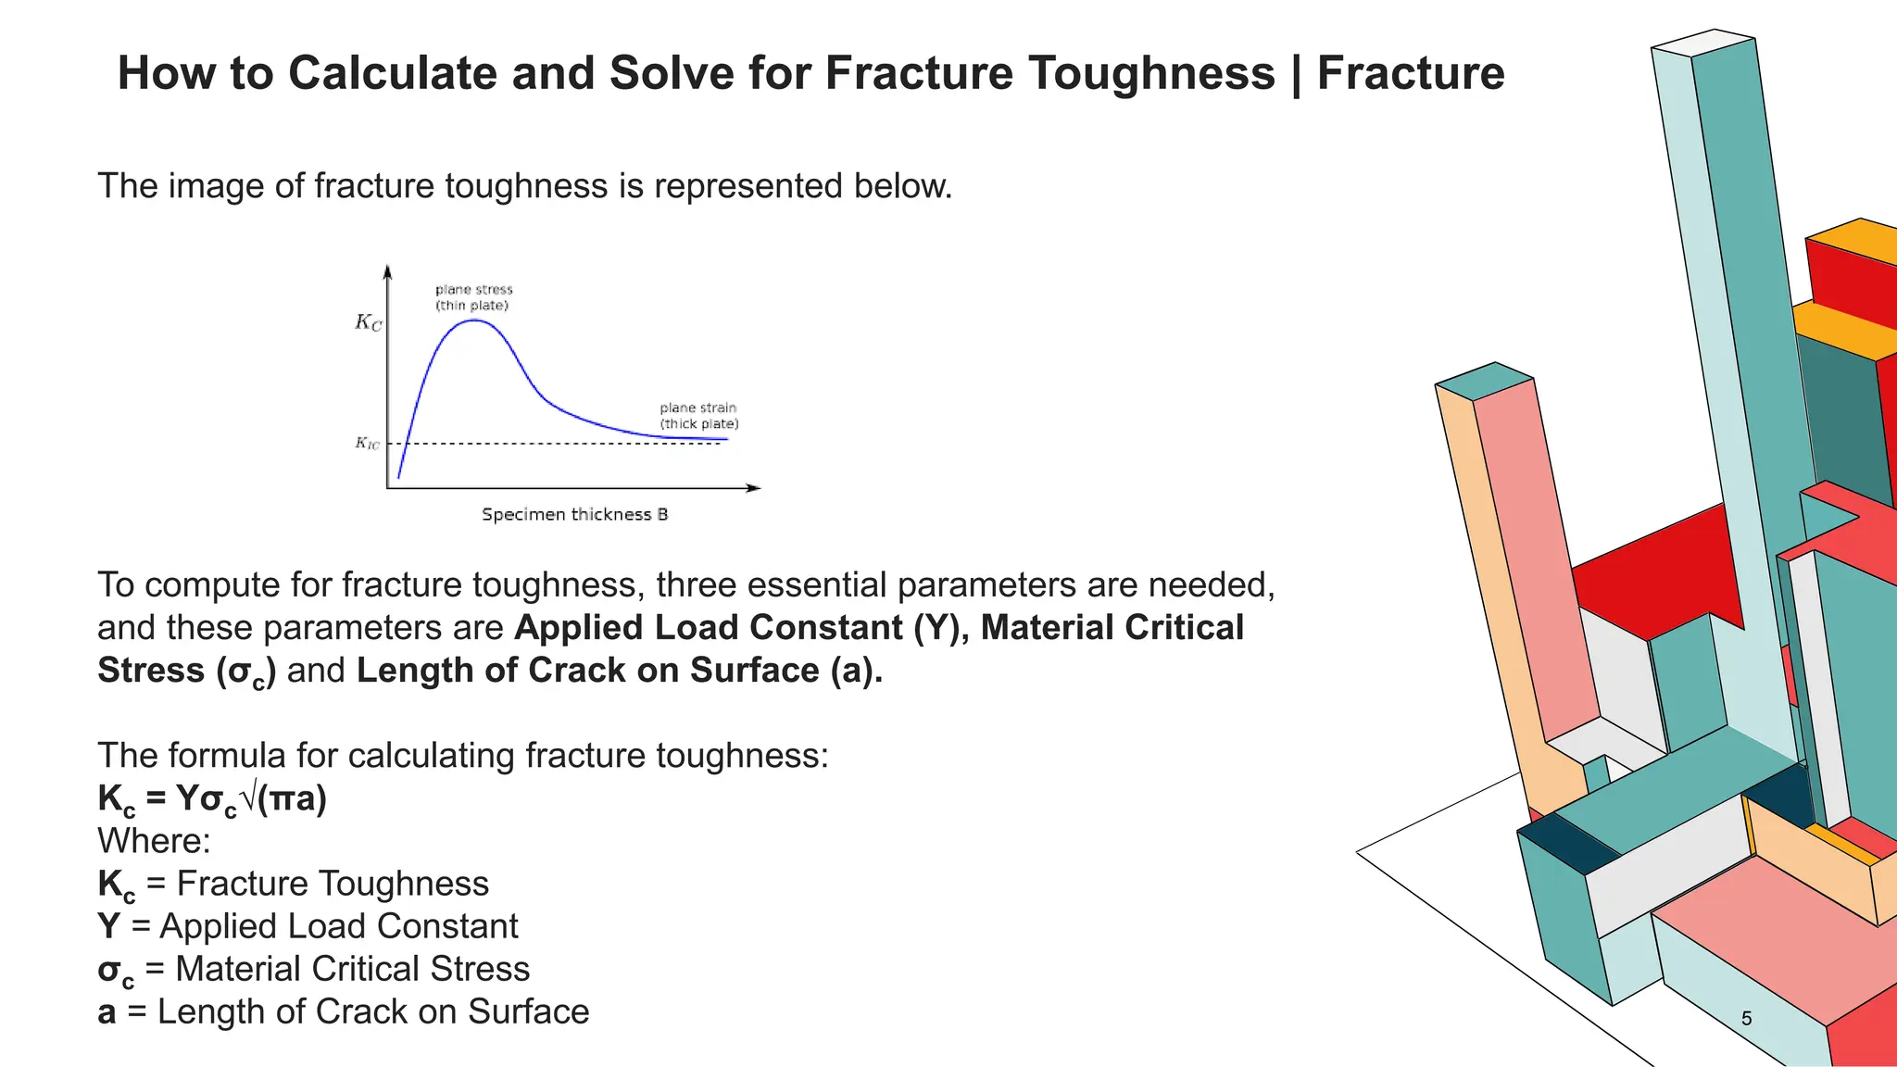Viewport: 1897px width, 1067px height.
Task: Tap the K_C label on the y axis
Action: (x=368, y=322)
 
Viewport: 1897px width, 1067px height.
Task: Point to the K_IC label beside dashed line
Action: (x=367, y=444)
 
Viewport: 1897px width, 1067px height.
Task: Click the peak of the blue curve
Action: (x=474, y=320)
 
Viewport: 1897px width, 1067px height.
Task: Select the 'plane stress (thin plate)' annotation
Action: (x=473, y=297)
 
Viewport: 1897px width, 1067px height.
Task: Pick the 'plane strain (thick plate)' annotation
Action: (x=698, y=416)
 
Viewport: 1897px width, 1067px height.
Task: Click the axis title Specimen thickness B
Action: (x=574, y=515)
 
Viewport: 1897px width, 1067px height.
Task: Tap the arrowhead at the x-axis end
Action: (x=754, y=488)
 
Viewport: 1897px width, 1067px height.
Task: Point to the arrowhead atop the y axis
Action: (x=387, y=270)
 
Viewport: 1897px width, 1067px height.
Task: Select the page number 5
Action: (x=1746, y=1019)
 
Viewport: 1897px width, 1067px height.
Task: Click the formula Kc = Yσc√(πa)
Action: (x=212, y=799)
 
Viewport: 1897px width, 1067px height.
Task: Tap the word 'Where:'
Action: (x=154, y=841)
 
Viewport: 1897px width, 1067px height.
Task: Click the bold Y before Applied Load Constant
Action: (x=108, y=926)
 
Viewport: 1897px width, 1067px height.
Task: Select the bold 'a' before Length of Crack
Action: (x=107, y=1012)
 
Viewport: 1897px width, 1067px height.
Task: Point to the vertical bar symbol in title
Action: (x=1296, y=74)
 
